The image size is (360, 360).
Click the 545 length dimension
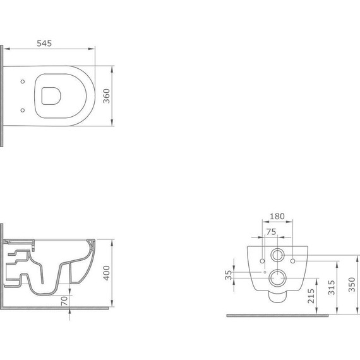(x=44, y=44)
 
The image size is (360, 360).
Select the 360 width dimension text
(x=107, y=95)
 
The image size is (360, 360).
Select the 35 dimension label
(x=228, y=275)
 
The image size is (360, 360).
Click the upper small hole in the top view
(x=23, y=80)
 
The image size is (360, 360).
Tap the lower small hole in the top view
(x=23, y=111)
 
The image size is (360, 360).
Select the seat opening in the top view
(x=50, y=95)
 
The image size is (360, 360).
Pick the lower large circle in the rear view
(x=277, y=278)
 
